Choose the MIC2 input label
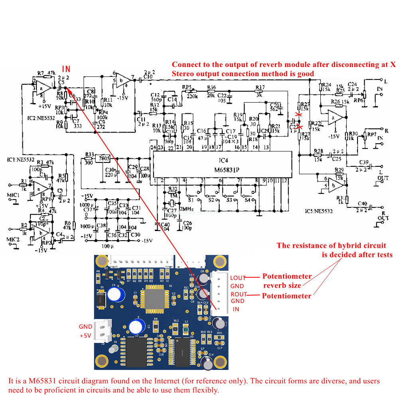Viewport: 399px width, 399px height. pyautogui.click(x=13, y=240)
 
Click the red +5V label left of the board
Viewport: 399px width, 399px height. pyautogui.click(x=85, y=336)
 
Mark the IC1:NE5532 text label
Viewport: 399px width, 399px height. pyautogui.click(x=19, y=160)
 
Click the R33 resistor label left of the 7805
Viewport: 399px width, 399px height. pyautogui.click(x=89, y=154)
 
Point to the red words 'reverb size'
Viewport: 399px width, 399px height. pyautogui.click(x=282, y=286)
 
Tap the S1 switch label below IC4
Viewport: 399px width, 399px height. pyautogui.click(x=191, y=199)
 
